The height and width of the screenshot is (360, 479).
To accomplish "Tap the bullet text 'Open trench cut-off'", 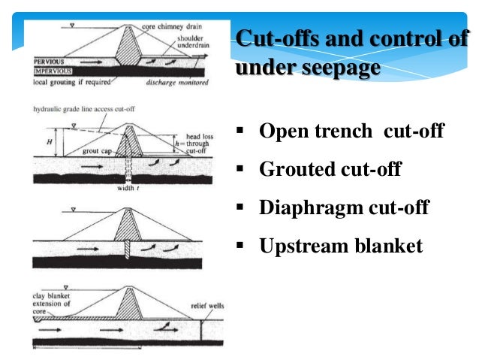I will (351, 133).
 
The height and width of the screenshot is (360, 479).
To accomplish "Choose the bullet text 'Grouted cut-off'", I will (330, 171).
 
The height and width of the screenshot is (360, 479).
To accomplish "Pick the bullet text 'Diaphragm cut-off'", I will (344, 207).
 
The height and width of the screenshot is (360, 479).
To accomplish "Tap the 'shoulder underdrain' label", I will (197, 44).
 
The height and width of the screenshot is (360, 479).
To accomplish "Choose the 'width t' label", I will (126, 189).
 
